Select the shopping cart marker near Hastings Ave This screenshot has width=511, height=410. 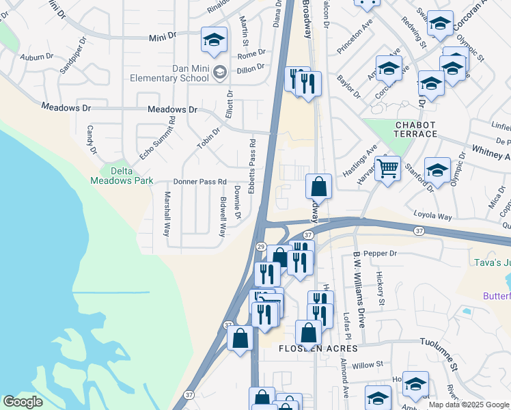[387, 168]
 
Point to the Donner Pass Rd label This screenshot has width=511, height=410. [199, 182]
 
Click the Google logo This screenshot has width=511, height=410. [23, 402]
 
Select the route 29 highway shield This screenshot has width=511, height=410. [260, 245]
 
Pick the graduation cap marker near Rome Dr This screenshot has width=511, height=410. [214, 40]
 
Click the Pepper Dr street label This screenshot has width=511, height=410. [382, 254]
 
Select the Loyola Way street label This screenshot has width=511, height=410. [433, 217]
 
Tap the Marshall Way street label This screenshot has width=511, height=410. [166, 213]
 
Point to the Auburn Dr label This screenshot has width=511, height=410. [36, 57]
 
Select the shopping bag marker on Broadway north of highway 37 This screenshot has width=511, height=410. [318, 187]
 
